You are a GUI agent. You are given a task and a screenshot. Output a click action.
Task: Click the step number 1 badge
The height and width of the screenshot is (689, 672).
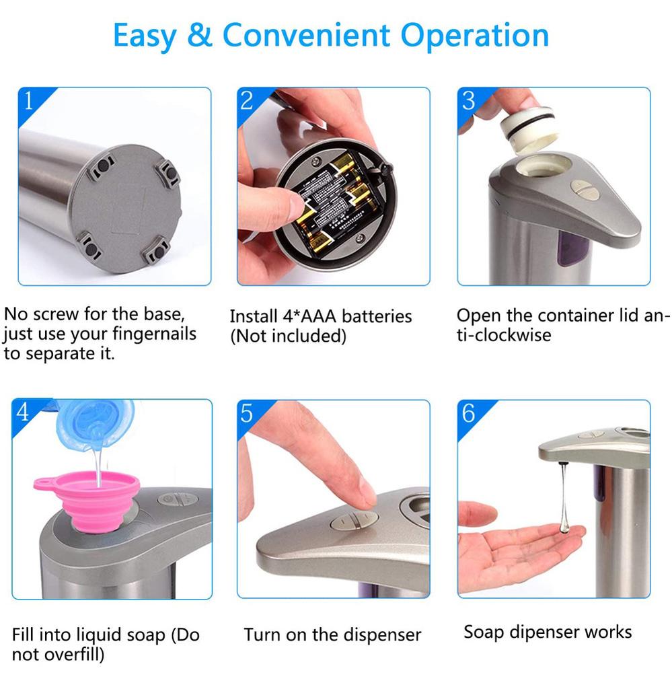pyautogui.click(x=28, y=100)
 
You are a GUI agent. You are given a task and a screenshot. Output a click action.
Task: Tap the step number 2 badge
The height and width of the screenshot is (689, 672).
pyautogui.click(x=247, y=100)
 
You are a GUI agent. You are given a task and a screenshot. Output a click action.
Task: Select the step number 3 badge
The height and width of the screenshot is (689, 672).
pyautogui.click(x=468, y=100)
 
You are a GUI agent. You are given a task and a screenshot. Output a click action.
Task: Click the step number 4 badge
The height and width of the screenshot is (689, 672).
pyautogui.click(x=24, y=412)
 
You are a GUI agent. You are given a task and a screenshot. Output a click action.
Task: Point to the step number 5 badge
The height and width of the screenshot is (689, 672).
pyautogui.click(x=247, y=412)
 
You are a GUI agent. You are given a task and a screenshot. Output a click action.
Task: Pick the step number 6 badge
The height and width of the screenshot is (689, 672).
pyautogui.click(x=468, y=412)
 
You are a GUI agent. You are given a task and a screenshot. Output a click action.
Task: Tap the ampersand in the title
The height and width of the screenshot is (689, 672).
pyautogui.click(x=200, y=35)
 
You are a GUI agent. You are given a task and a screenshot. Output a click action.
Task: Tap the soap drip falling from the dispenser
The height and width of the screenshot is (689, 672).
pyautogui.click(x=564, y=498)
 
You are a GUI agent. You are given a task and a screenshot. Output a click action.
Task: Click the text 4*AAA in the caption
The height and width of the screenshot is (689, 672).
pyautogui.click(x=309, y=316)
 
